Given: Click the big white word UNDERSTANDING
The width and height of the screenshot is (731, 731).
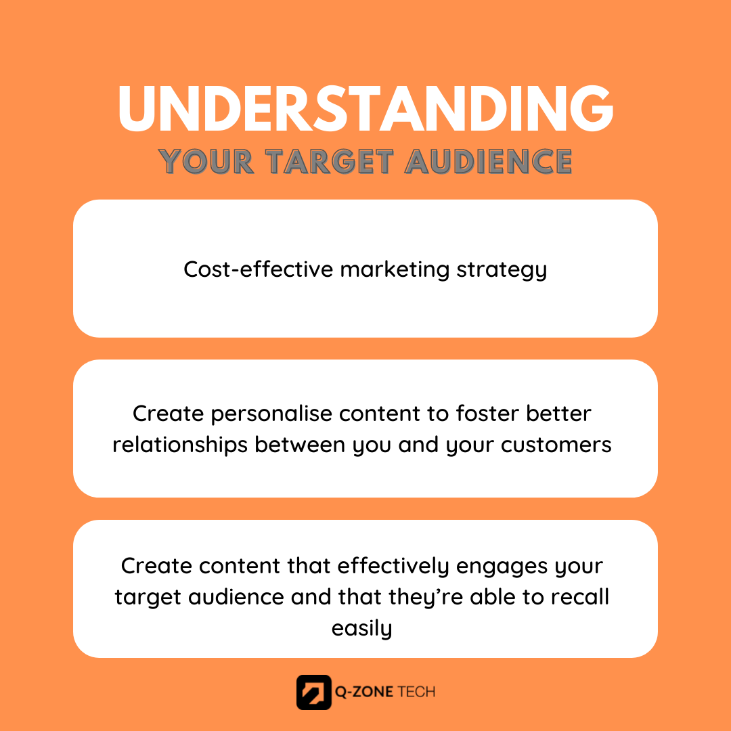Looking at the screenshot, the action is [x=365, y=108].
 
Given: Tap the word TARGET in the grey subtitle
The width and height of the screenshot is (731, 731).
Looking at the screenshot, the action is [x=330, y=162].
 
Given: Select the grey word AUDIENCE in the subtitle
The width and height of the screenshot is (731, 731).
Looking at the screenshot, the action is [x=488, y=162].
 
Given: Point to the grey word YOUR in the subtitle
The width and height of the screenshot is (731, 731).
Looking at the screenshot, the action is [x=206, y=162].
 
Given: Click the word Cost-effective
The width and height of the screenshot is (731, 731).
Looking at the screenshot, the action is [x=259, y=269].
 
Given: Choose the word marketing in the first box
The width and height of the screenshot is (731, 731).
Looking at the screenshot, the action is [x=395, y=270].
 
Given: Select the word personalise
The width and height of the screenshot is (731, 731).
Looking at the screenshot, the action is [x=271, y=414].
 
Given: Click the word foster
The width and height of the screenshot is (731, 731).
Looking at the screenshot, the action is [x=487, y=413].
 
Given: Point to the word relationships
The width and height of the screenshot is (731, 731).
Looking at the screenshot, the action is [x=180, y=445].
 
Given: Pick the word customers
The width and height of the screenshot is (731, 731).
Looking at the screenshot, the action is [x=556, y=445].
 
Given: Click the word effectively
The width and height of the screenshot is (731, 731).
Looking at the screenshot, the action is [x=393, y=567].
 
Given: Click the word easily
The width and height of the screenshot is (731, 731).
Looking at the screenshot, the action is [x=361, y=629].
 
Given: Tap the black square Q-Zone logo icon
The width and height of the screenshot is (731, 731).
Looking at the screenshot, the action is [x=314, y=692].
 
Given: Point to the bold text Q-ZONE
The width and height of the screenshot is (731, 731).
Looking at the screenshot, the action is [x=364, y=692].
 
